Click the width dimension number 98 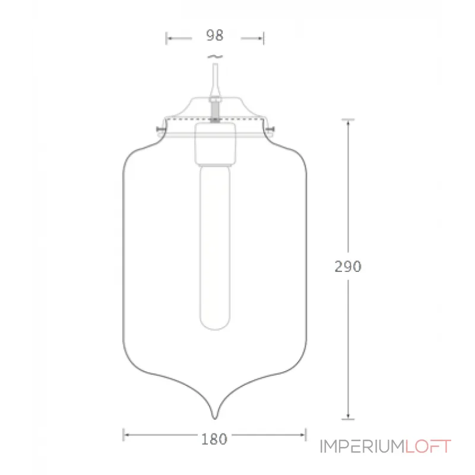tap(214, 36)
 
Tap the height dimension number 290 tap(347, 267)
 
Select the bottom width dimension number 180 tap(214, 439)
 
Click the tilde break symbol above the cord tap(214, 56)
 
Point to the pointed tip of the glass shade tap(215, 414)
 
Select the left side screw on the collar tap(159, 129)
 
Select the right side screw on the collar tap(271, 129)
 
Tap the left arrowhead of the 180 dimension tap(126, 435)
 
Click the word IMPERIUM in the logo tap(362, 446)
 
